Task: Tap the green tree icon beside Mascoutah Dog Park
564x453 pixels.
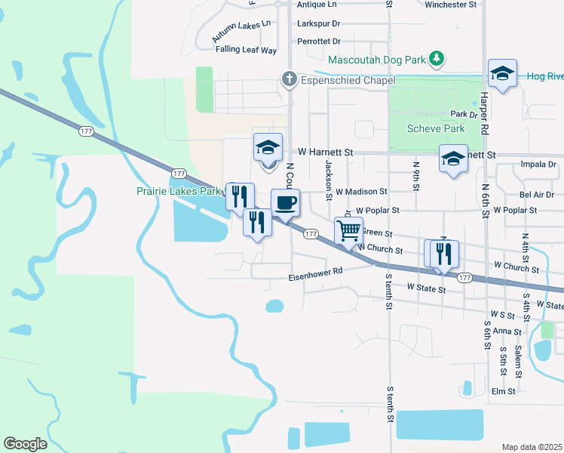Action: click(x=436, y=58)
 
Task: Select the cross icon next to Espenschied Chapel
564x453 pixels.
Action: click(x=288, y=79)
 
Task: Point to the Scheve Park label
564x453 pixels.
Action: click(x=436, y=129)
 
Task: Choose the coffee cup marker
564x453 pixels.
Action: click(x=285, y=202)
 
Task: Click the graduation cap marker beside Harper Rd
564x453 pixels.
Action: click(x=502, y=73)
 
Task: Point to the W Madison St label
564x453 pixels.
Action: click(x=361, y=192)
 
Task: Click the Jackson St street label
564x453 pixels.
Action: click(x=329, y=180)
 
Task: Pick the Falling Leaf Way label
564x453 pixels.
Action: click(x=246, y=50)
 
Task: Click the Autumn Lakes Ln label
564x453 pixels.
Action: click(x=241, y=29)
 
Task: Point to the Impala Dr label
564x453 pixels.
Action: click(x=538, y=164)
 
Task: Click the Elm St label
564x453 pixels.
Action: click(x=502, y=391)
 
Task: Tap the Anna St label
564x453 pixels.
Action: click(x=507, y=331)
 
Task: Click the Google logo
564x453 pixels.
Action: click(x=25, y=444)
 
